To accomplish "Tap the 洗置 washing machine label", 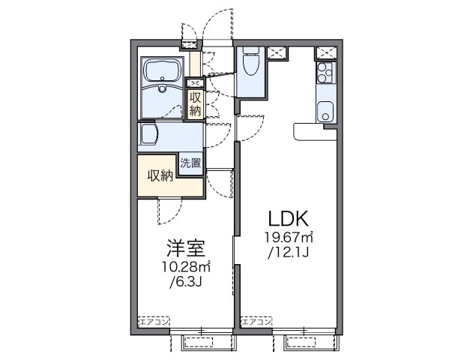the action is tap(190, 162).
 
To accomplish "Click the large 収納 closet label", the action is tap(159, 176).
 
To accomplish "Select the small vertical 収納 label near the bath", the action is tap(195, 103).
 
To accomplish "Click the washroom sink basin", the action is tap(148, 136).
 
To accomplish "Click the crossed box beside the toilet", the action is tap(277, 52).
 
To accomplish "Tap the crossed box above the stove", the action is tap(325, 53).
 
